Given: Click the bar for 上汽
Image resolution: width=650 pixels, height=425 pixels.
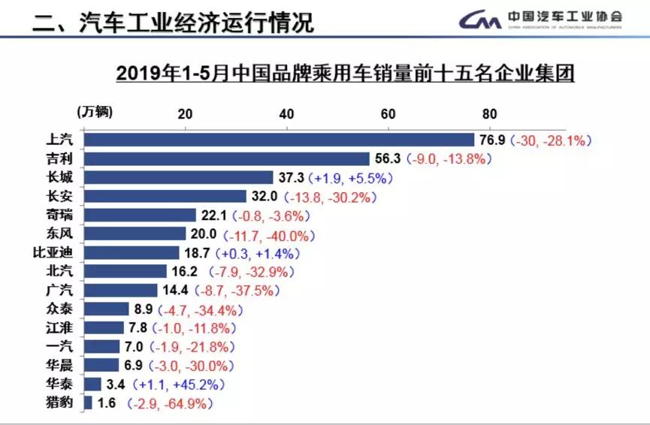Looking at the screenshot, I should pyautogui.click(x=279, y=140).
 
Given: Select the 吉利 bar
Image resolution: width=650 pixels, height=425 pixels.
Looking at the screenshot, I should pyautogui.click(x=227, y=158).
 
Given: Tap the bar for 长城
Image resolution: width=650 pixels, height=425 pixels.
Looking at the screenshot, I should pyautogui.click(x=178, y=177).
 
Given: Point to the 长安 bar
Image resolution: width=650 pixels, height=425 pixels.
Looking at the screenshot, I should pyautogui.click(x=165, y=196).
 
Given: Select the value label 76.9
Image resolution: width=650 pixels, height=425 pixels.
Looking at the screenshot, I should pyautogui.click(x=492, y=140).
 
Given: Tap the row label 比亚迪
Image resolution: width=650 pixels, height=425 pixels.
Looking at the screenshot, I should pyautogui.click(x=58, y=252).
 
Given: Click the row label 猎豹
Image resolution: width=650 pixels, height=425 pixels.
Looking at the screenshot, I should pyautogui.click(x=63, y=402).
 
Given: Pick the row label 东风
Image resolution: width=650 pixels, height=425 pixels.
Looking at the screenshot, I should pyautogui.click(x=63, y=234).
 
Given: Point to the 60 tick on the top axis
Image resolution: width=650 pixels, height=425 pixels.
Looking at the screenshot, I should pyautogui.click(x=388, y=114).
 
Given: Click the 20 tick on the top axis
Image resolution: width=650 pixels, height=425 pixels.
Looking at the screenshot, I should pyautogui.click(x=185, y=114).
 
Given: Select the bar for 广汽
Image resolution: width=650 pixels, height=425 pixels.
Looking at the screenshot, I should pyautogui.click(x=121, y=290).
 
